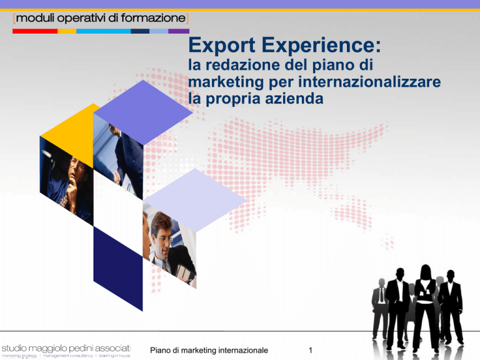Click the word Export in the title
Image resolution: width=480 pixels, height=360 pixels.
(x=222, y=46)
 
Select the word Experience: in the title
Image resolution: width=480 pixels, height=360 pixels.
(x=321, y=46)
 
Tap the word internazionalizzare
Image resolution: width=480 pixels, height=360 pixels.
(x=369, y=82)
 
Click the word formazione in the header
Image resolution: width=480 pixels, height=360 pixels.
(x=153, y=18)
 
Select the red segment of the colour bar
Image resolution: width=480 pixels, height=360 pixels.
(x=35, y=31)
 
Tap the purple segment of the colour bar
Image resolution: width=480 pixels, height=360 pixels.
(x=179, y=31)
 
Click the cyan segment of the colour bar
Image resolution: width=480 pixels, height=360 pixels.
(x=104, y=31)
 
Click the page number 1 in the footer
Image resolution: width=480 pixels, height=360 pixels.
(x=311, y=350)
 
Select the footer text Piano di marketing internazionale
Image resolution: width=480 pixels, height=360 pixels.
(x=209, y=350)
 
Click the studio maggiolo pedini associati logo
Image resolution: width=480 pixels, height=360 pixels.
(x=66, y=351)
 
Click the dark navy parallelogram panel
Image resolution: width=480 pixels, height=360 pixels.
(x=118, y=269)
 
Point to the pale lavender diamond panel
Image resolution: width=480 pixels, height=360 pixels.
(x=195, y=200)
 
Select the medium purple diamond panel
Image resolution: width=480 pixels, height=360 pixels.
(x=143, y=112)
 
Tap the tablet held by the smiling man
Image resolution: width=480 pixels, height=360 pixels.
(x=184, y=273)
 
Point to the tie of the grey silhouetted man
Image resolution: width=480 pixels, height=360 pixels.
(x=381, y=296)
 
